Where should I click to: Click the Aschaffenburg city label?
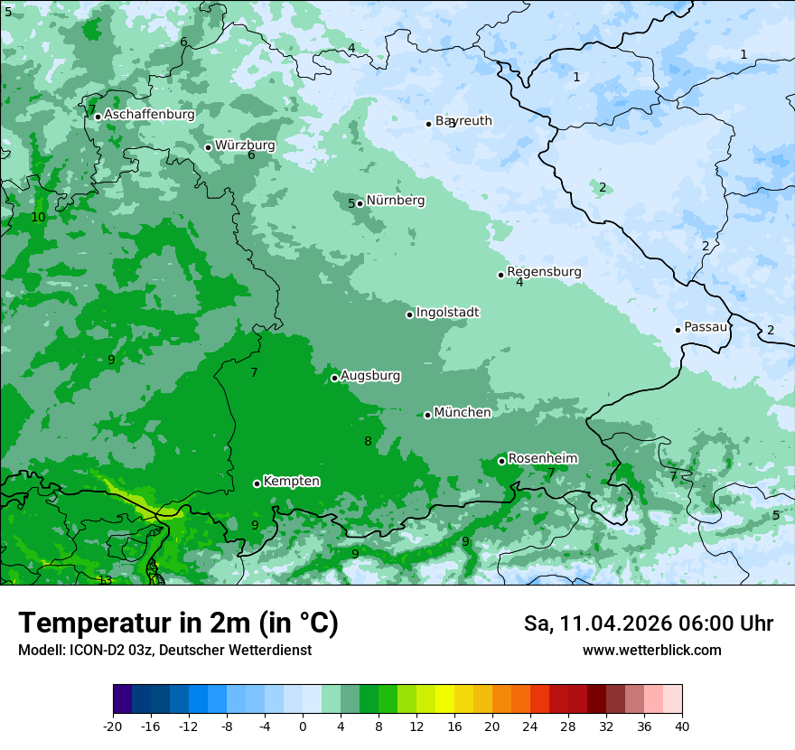149,115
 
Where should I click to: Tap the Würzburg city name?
245,145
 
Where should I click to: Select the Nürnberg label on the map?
395,201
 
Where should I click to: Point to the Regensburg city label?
544,272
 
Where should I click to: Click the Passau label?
706,327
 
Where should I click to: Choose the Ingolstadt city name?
447,313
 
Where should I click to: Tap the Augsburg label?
370,376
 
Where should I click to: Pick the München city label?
463,413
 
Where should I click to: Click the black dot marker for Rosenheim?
501,461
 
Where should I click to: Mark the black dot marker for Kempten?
257,483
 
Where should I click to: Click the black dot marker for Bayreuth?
429,124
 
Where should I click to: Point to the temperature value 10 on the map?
38,218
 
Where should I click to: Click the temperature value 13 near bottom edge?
106,580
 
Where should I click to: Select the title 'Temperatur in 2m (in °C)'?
178,623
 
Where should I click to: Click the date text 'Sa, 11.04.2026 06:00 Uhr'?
648,623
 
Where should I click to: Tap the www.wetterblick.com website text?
651,651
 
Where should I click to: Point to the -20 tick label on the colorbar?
113,727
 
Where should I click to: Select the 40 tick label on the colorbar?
682,727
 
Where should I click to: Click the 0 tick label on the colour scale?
303,727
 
